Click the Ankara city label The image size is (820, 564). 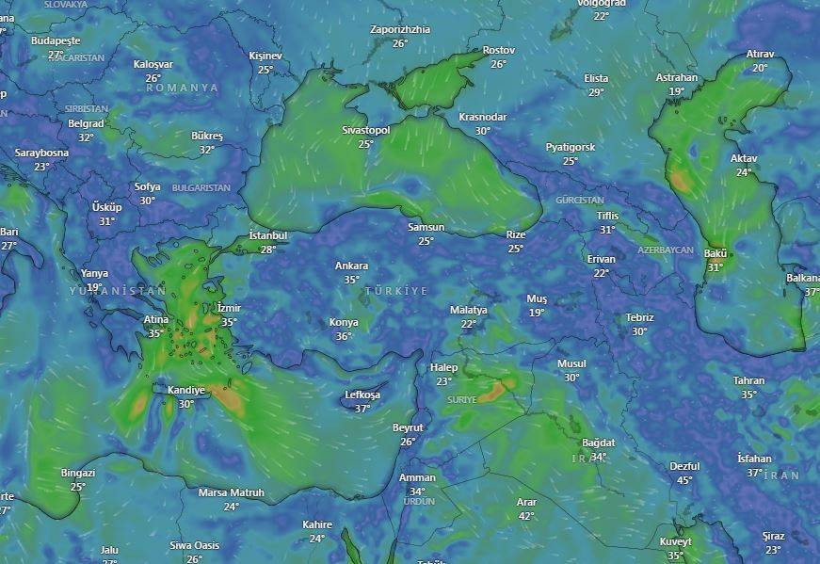pos(351,266)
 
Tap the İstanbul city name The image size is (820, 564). pos(268,235)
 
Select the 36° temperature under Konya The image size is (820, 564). pos(344,336)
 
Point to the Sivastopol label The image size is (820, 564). pos(365,130)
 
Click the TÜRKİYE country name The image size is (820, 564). pos(395,291)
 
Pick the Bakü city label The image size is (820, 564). pos(715,253)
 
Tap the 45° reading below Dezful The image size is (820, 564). pos(684,480)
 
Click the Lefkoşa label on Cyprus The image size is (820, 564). pos(362,395)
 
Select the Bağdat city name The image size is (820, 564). pos(598,443)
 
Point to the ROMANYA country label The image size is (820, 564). pos(182,88)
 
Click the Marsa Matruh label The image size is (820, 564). pos(231,492)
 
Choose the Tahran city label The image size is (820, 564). pos(748,380)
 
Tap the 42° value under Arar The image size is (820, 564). pos(526,516)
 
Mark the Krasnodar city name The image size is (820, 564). pos(482,117)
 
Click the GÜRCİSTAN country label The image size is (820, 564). pos(580,201)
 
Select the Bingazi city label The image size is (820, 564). pos(78,473)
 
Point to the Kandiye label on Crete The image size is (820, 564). pos(185,390)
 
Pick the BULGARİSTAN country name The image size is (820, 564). pos(201,188)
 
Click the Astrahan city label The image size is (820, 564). pos(676,77)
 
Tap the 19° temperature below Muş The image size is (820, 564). pos(536,313)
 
